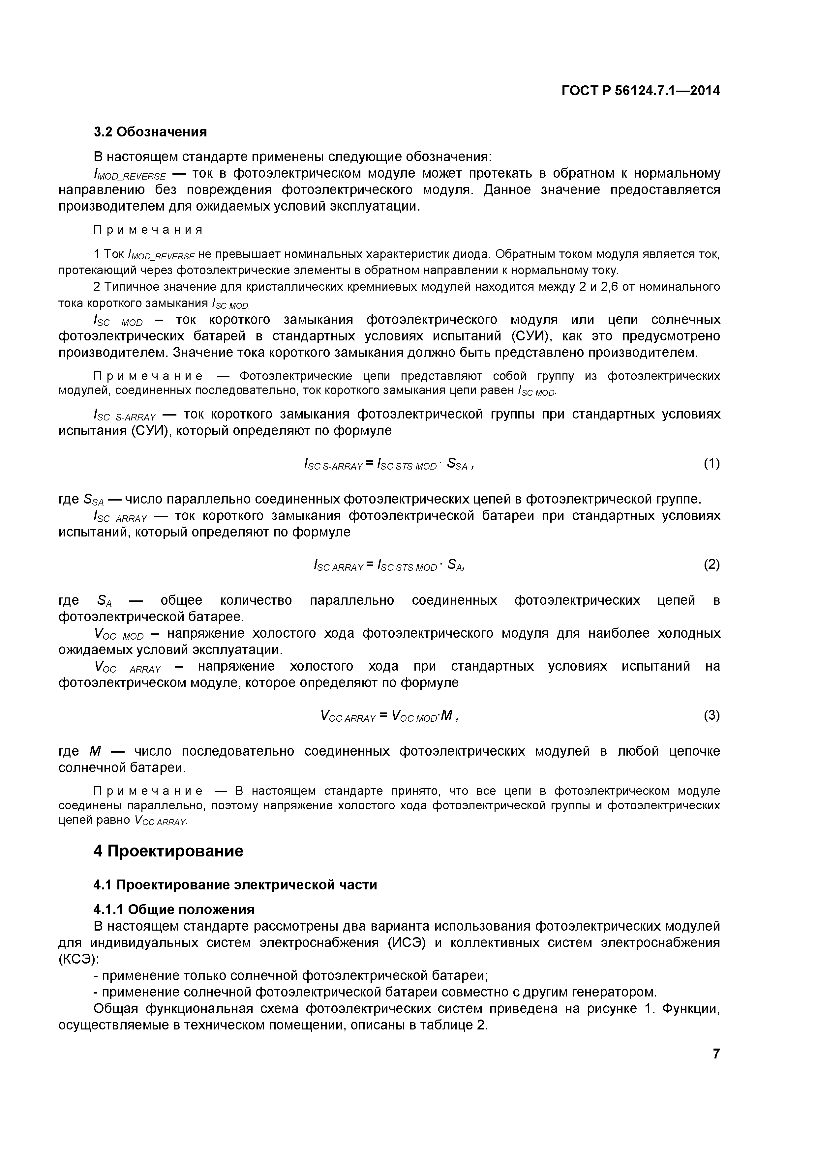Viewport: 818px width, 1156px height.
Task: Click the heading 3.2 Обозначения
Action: tap(150, 132)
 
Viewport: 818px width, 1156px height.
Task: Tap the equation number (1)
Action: tap(711, 463)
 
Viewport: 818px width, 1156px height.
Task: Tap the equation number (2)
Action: tap(711, 564)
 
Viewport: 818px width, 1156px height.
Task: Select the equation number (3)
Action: tap(711, 715)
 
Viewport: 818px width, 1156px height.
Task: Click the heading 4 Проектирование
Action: tap(168, 851)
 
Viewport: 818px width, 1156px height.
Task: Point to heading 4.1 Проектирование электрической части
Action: tap(235, 884)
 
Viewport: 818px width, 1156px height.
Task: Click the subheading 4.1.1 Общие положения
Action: tap(174, 909)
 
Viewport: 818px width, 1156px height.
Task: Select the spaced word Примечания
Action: tap(148, 230)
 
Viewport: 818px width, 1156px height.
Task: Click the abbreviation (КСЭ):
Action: tap(78, 959)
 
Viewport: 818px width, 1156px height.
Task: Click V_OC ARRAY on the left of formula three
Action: tap(348, 716)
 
